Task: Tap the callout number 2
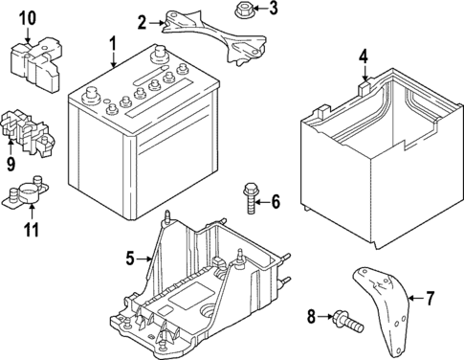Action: pos(143,21)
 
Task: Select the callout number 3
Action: pos(273,10)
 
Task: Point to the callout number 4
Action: pos(364,56)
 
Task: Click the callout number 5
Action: pos(131,257)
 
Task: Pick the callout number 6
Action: pos(275,201)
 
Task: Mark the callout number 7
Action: pos(429,299)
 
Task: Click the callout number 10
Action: pos(27,17)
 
